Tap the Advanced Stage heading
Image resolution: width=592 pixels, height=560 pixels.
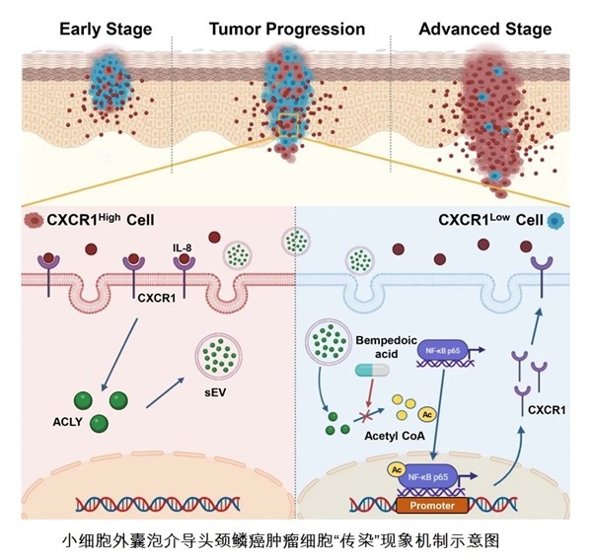click(x=484, y=28)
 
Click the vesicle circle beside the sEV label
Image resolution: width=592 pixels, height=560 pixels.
click(x=224, y=352)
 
